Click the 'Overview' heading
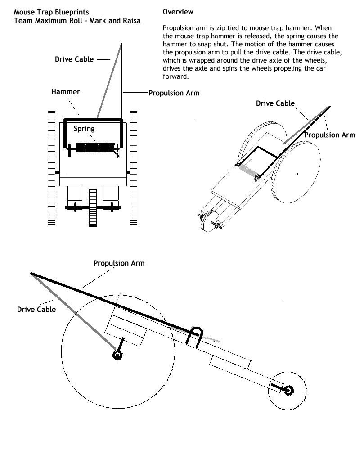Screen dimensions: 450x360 (x=178, y=12)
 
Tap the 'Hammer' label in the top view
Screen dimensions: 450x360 (x=65, y=92)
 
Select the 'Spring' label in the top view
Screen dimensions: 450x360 (x=85, y=129)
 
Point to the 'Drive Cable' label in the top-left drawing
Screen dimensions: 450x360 (x=74, y=59)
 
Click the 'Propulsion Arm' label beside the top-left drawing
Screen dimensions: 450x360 (x=174, y=93)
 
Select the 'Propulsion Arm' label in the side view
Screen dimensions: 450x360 (x=119, y=263)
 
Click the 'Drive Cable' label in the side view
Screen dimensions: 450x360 (x=36, y=310)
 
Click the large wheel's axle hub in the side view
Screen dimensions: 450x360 (x=117, y=355)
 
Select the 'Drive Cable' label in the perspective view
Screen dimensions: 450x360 (x=275, y=103)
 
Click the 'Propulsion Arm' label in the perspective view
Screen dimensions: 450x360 (x=329, y=135)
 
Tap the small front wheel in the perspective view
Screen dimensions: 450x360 (x=207, y=223)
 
